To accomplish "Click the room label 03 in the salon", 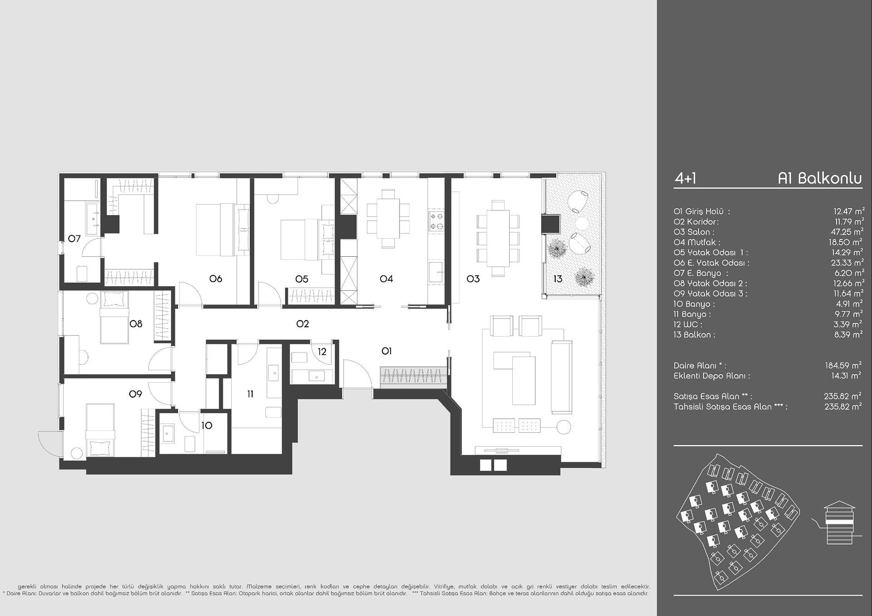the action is pyautogui.click(x=473, y=279).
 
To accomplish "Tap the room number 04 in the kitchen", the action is pyautogui.click(x=386, y=279).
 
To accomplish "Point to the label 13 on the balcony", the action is pyautogui.click(x=558, y=279).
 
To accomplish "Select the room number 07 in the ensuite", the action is pyautogui.click(x=74, y=238).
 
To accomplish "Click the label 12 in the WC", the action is pyautogui.click(x=322, y=352).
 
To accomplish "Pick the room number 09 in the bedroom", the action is pyautogui.click(x=135, y=394).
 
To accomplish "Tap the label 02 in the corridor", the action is pyautogui.click(x=302, y=323).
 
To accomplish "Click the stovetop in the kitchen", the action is pyautogui.click(x=436, y=221).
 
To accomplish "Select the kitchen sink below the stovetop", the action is pyautogui.click(x=436, y=272).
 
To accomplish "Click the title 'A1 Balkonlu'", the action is pyautogui.click(x=820, y=178).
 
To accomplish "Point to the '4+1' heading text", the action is pyautogui.click(x=685, y=179).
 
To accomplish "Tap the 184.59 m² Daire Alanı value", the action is pyautogui.click(x=843, y=365).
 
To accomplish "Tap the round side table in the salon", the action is pyautogui.click(x=564, y=427).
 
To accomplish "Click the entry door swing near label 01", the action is pyautogui.click(x=357, y=373).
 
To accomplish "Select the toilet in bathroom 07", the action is pyautogui.click(x=82, y=274).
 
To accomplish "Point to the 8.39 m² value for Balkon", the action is pyautogui.click(x=849, y=334).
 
